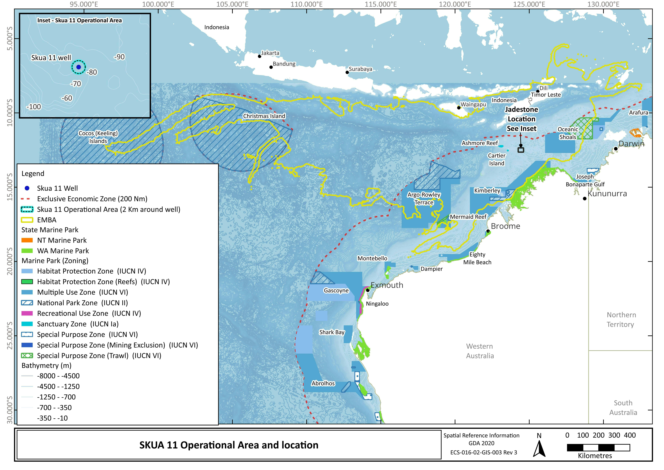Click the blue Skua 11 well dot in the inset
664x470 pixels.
pyautogui.click(x=78, y=67)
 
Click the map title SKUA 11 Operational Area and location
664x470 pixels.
pyautogui.click(x=229, y=445)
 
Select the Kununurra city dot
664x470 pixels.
pyautogui.click(x=584, y=199)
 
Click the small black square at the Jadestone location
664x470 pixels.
pyautogui.click(x=521, y=150)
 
